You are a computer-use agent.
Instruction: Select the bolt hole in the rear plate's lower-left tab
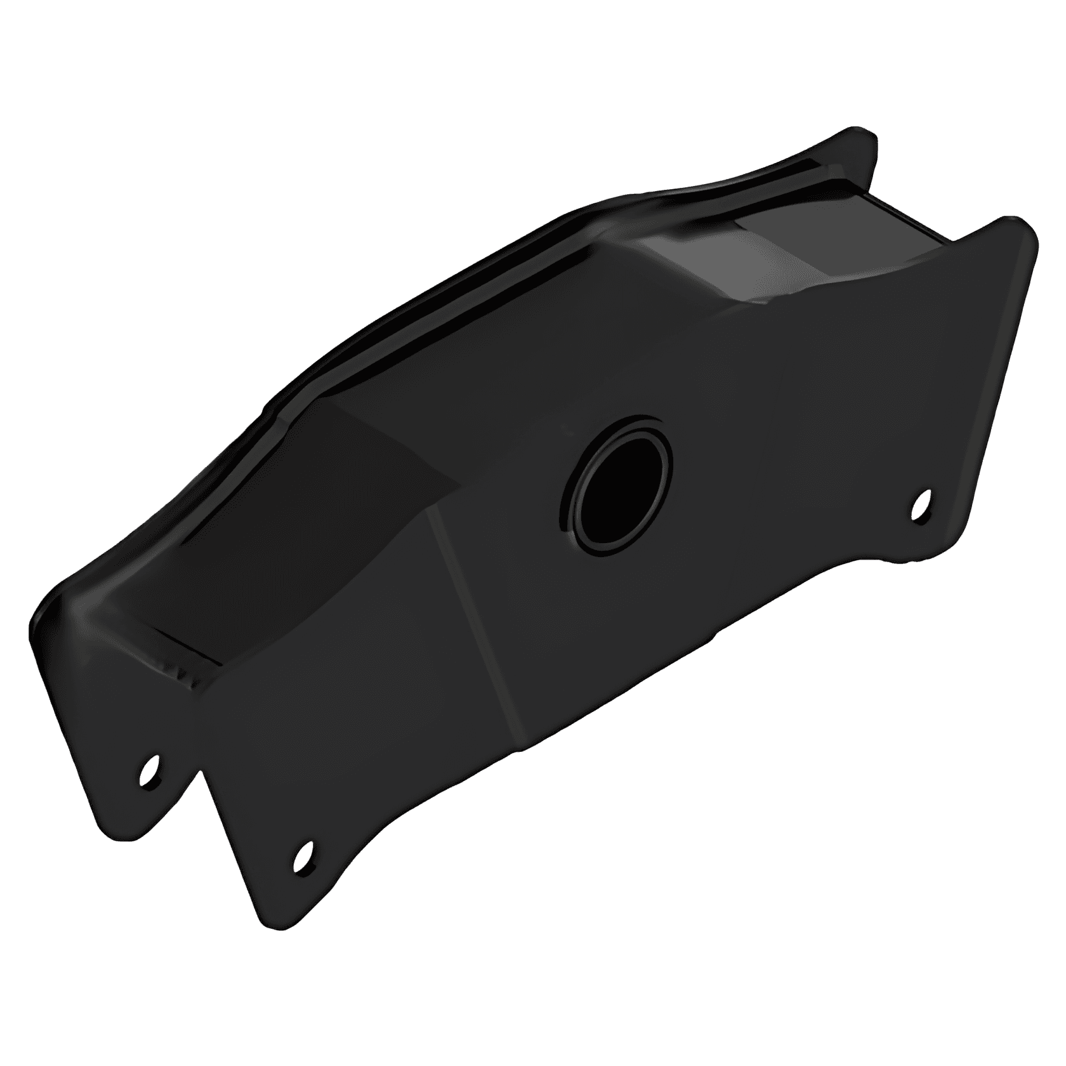150,768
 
